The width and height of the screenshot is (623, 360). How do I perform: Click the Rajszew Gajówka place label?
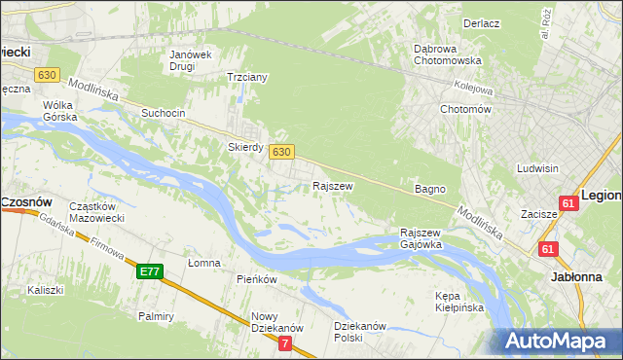pyautogui.click(x=421, y=238)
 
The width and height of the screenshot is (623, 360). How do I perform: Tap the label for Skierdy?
pyautogui.click(x=245, y=147)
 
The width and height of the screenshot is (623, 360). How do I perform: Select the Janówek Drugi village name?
pyautogui.click(x=191, y=60)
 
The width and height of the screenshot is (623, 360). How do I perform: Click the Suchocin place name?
pyautogui.click(x=163, y=113)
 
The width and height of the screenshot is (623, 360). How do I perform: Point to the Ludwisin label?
pyautogui.click(x=538, y=168)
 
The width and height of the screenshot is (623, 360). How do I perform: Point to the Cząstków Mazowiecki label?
pyautogui.click(x=94, y=212)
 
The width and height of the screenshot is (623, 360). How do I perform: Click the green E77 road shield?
pyautogui.click(x=150, y=271)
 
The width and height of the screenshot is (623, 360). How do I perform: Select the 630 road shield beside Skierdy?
pyautogui.click(x=280, y=152)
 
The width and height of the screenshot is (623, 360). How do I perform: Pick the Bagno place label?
pyautogui.click(x=429, y=189)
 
